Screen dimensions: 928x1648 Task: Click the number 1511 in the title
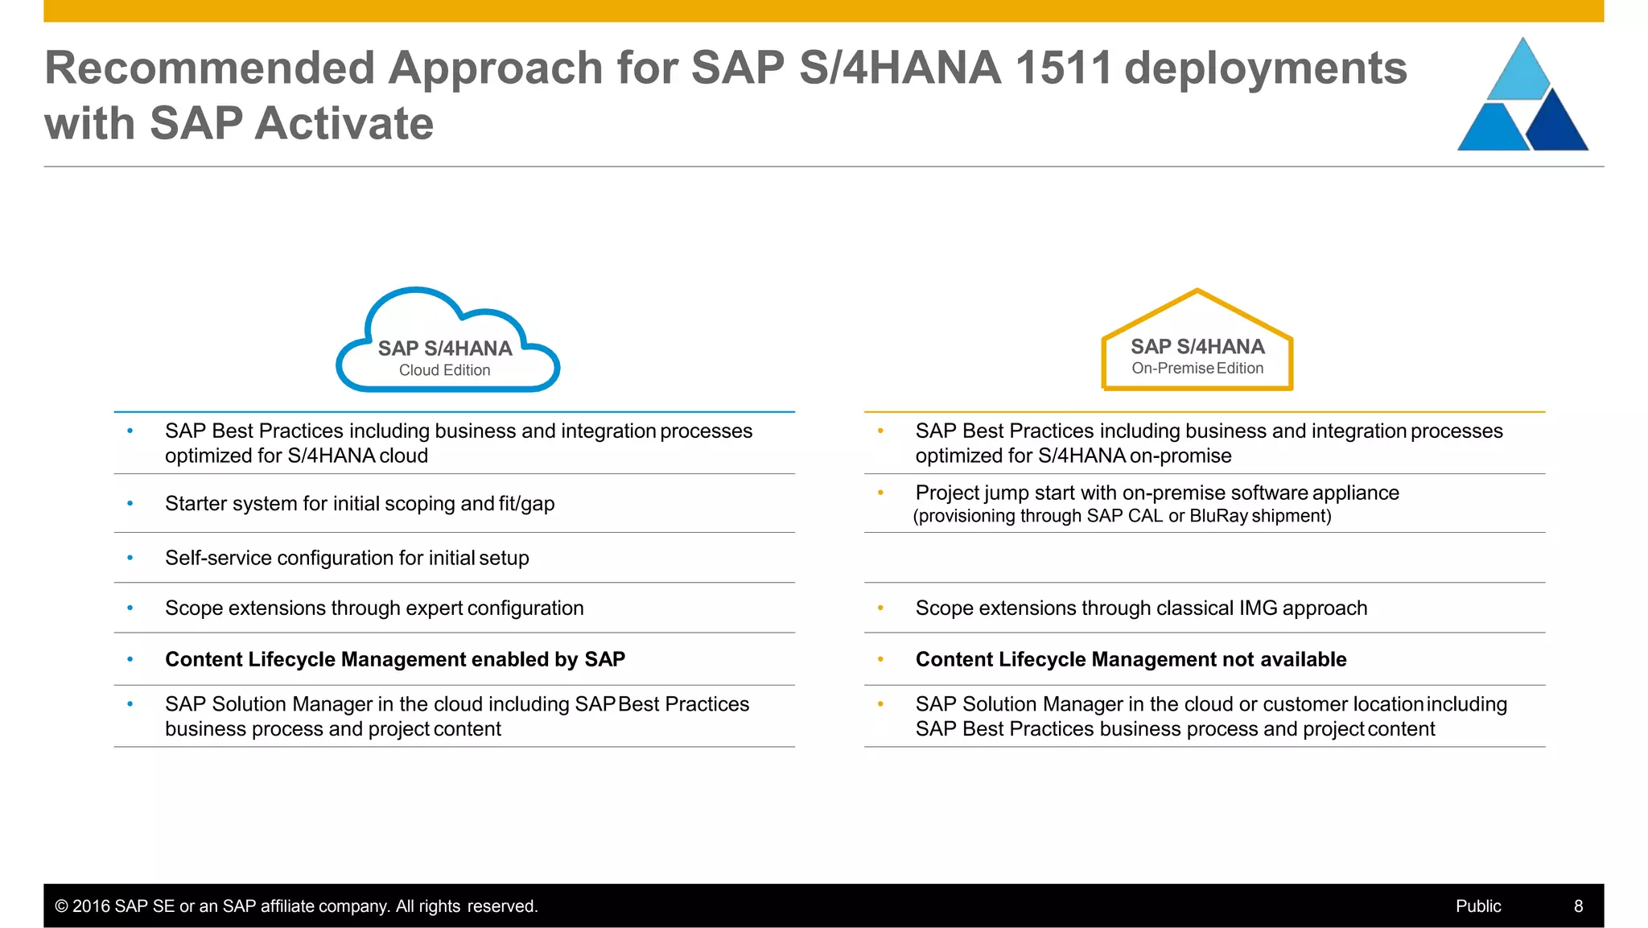(1062, 68)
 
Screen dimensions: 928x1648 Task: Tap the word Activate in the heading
(344, 124)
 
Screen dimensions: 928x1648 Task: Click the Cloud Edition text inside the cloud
(444, 370)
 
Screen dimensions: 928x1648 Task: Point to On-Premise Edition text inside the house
(1197, 369)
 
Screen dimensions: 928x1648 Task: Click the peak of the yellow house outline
(1197, 292)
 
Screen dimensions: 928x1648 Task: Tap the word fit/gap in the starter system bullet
(526, 504)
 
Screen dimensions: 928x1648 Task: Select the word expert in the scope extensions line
(434, 608)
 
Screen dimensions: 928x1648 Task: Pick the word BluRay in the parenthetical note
(1218, 516)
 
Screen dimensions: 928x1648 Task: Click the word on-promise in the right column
(1180, 456)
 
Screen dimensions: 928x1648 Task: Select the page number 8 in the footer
(1578, 906)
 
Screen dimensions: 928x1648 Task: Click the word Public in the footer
(1478, 906)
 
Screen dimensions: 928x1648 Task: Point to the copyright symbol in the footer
(61, 906)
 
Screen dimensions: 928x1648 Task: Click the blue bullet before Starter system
(130, 504)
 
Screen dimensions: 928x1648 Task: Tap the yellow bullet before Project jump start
(880, 493)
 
